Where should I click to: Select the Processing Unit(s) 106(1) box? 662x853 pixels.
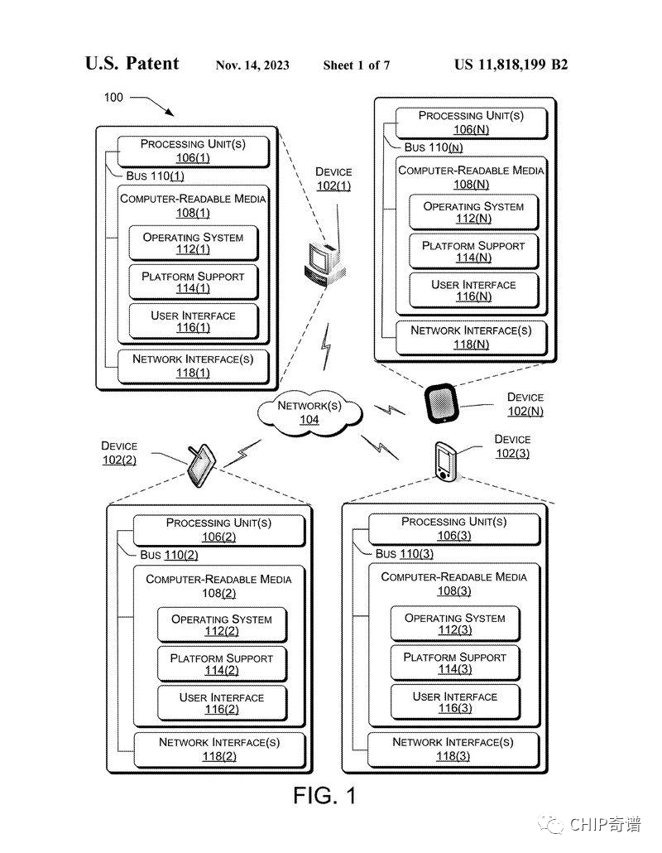pyautogui.click(x=193, y=151)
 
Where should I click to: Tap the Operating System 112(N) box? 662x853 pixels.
pyautogui.click(x=473, y=212)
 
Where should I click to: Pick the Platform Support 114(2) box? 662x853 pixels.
pyautogui.click(x=221, y=664)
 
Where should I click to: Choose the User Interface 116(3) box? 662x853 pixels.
pyautogui.click(x=455, y=702)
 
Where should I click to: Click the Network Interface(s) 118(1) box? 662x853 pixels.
pyautogui.click(x=193, y=366)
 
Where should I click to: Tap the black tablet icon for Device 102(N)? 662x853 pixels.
pyautogui.click(x=440, y=403)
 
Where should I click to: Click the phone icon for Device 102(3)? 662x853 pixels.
pyautogui.click(x=444, y=462)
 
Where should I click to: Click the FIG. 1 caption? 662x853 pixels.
pyautogui.click(x=324, y=796)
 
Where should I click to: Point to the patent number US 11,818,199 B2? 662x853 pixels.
pyautogui.click(x=511, y=65)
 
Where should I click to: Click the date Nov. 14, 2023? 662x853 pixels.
pyautogui.click(x=252, y=65)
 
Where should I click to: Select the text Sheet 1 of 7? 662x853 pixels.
pyautogui.click(x=357, y=65)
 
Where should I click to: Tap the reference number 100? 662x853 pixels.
pyautogui.click(x=113, y=97)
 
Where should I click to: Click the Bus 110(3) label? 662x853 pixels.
pyautogui.click(x=404, y=553)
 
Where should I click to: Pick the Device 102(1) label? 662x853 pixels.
pyautogui.click(x=333, y=179)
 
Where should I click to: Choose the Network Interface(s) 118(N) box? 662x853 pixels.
pyautogui.click(x=472, y=337)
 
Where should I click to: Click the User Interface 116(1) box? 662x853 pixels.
pyautogui.click(x=193, y=321)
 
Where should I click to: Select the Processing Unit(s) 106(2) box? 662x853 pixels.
pyautogui.click(x=213, y=529)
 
